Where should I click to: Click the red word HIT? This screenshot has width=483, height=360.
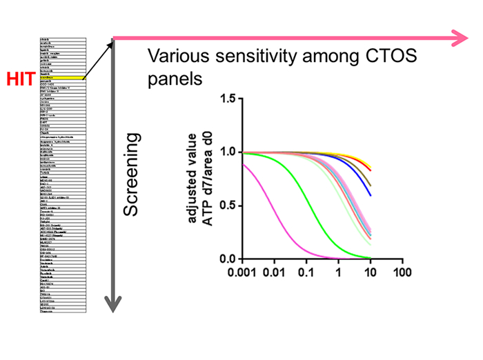coord(20,79)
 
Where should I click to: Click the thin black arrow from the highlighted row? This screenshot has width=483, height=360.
coord(99,58)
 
